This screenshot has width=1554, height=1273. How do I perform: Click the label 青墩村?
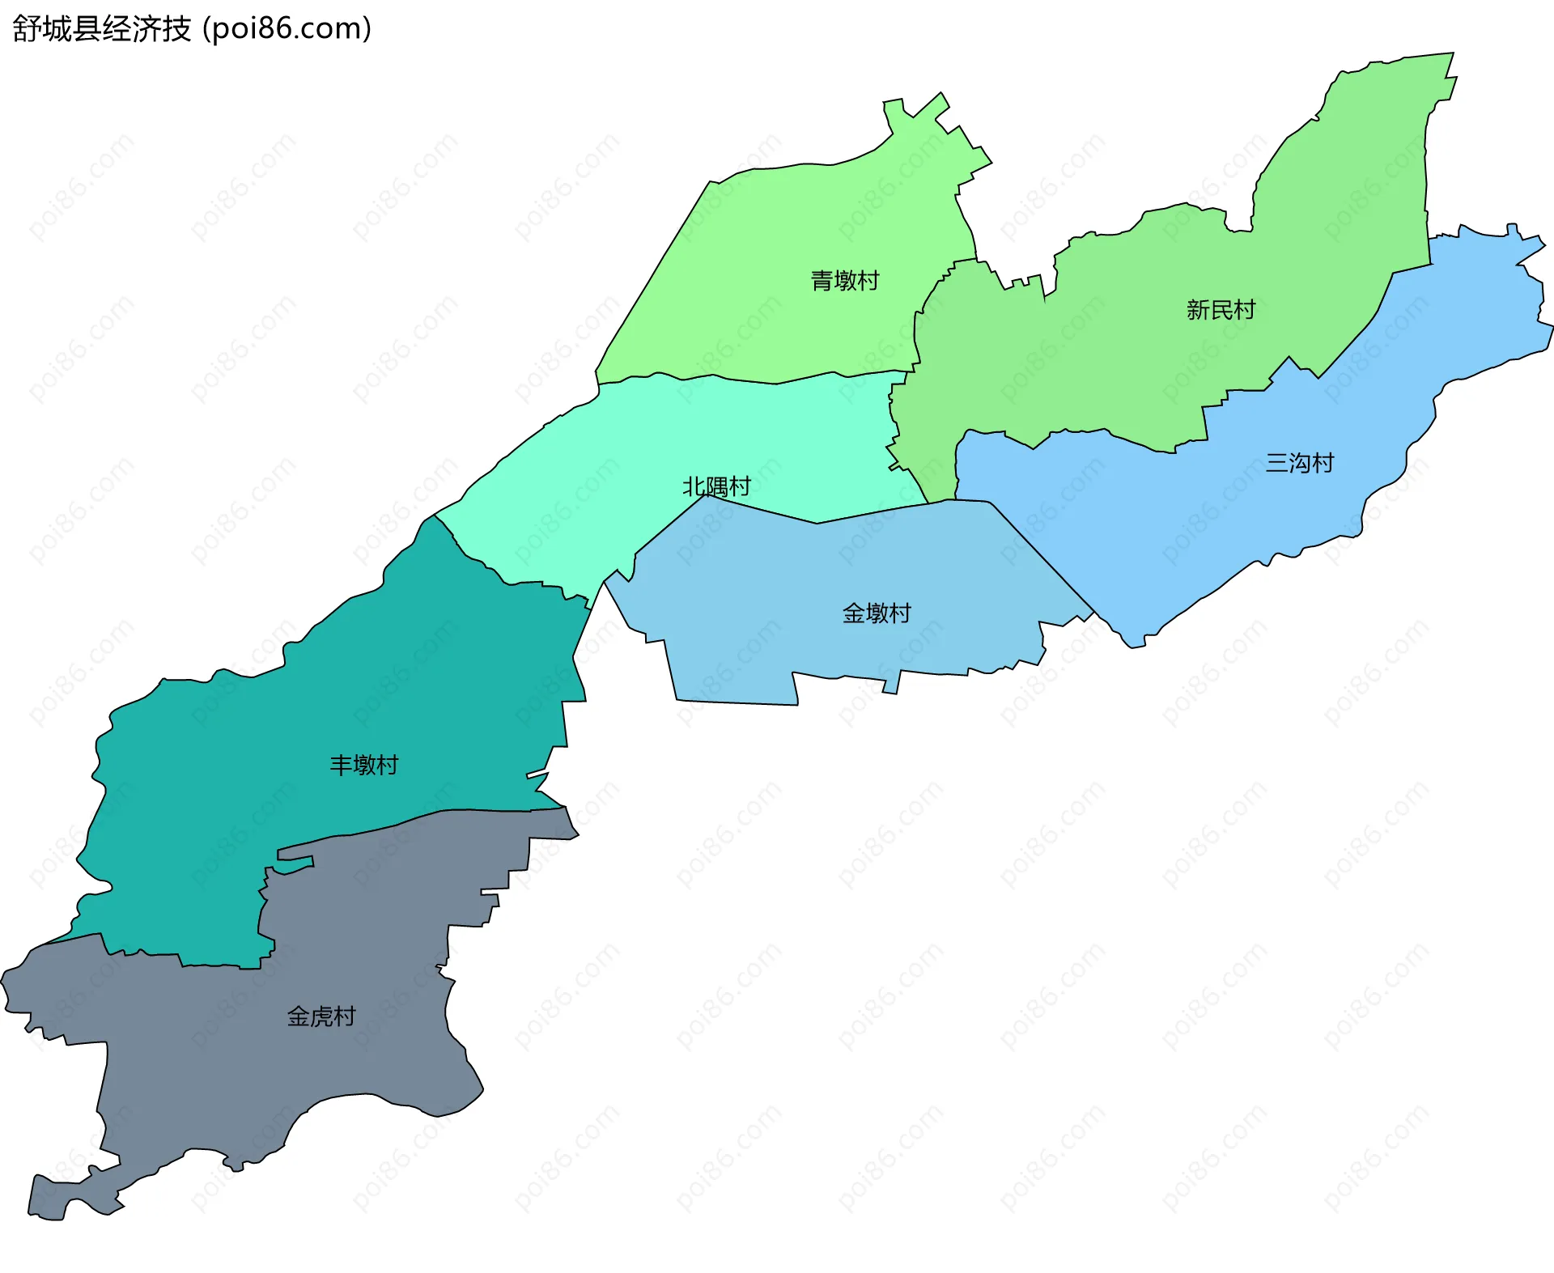click(845, 281)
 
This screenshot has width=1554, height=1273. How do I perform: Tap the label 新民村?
click(1221, 310)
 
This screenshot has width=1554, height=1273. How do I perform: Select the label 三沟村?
click(1299, 463)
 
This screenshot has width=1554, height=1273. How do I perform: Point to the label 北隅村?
click(716, 486)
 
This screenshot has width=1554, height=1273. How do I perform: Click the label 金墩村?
click(877, 613)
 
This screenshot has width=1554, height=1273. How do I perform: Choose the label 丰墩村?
click(363, 765)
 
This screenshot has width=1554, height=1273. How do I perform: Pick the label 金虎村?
click(321, 1016)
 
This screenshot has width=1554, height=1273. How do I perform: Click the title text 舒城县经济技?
click(102, 28)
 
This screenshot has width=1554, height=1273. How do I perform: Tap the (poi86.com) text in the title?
click(287, 28)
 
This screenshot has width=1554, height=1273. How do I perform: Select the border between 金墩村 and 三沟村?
click(1044, 558)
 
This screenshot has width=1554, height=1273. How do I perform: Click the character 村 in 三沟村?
click(1323, 463)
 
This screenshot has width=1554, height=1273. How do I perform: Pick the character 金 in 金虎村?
click(298, 1016)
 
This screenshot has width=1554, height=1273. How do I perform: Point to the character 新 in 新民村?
click(1198, 310)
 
